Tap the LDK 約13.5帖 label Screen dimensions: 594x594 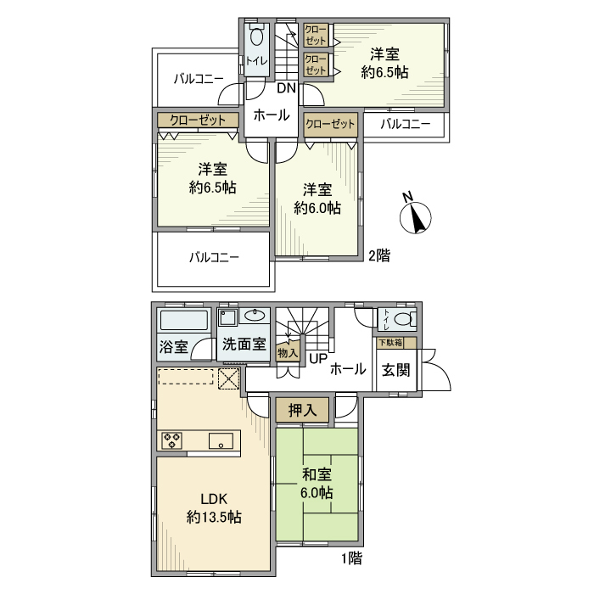214,507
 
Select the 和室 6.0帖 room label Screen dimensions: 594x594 315,484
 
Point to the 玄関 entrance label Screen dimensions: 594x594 395,371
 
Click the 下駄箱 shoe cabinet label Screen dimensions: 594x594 391,342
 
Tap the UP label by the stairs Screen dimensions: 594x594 317,359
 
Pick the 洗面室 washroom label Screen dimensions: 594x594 244,345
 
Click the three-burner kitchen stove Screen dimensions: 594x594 174,440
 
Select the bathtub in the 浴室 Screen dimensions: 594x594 184,321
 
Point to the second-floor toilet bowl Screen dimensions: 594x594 257,39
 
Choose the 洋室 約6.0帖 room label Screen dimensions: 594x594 317,198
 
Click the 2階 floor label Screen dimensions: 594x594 378,255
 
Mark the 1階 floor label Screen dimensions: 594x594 352,558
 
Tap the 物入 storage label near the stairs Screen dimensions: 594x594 288,352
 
